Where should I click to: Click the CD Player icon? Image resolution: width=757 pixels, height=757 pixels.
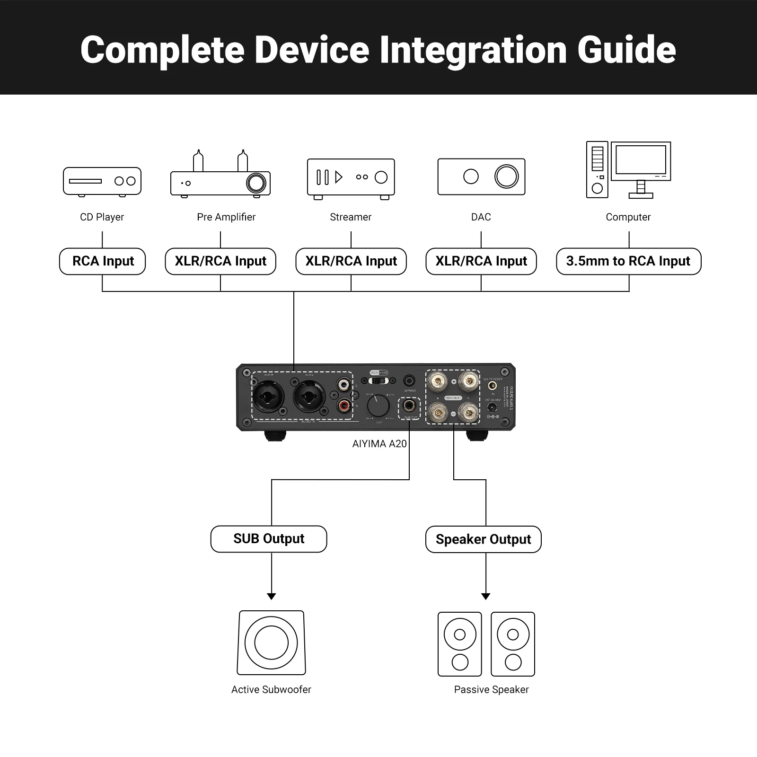point(102,181)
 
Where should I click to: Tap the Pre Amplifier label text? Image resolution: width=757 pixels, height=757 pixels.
point(226,217)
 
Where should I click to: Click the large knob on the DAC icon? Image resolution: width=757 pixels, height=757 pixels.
point(506,176)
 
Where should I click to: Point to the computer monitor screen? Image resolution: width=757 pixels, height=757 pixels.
point(641,160)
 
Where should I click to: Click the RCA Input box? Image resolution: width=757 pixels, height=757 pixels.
point(103,261)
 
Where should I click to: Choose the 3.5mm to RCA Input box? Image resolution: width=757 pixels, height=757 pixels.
point(628,261)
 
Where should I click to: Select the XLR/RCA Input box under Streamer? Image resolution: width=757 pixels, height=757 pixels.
point(351,261)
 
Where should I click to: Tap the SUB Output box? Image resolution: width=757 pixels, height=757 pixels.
point(269,539)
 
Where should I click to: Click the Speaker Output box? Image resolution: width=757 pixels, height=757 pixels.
point(483,539)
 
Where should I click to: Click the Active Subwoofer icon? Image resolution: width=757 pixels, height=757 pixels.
point(271,643)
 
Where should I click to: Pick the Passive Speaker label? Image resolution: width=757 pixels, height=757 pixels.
point(491,690)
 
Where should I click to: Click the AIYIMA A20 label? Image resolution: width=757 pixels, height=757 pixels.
point(379,444)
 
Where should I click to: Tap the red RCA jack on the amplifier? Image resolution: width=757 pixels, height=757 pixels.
point(344,405)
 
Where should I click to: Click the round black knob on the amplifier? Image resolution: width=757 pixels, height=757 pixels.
point(378,406)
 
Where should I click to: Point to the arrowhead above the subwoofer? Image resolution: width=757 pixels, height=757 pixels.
point(272,597)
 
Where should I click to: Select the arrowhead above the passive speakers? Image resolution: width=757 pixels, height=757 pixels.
point(486,597)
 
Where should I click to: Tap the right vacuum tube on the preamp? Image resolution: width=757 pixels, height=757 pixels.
point(242,161)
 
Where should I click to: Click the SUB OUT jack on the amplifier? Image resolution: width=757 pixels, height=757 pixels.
point(410,406)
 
